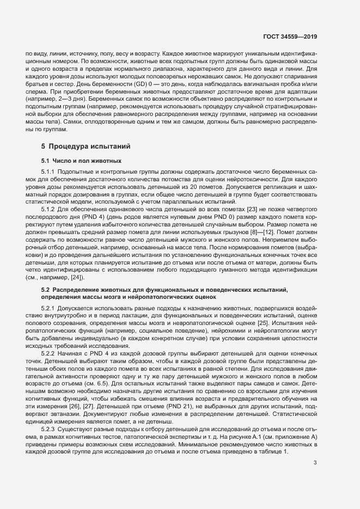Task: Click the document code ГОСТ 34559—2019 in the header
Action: point(289,36)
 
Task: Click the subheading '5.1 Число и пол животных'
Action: point(81,161)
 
